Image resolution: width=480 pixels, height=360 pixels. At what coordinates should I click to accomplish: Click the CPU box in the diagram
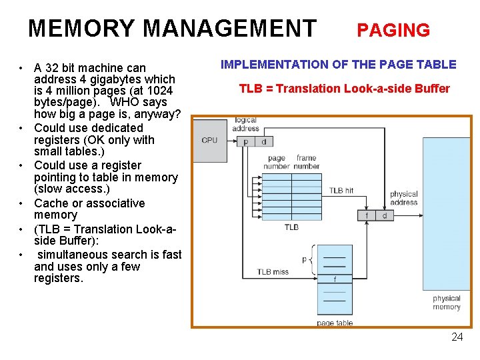209,140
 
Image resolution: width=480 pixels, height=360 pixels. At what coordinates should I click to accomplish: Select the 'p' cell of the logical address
245,141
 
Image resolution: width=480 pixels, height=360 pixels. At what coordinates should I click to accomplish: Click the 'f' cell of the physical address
367,215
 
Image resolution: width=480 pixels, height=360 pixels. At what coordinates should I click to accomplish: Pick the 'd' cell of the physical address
385,215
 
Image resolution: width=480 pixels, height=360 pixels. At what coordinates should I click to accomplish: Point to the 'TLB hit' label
341,191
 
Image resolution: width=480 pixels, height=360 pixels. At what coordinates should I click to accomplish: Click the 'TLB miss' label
273,272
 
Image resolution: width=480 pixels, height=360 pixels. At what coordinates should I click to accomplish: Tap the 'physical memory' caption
446,303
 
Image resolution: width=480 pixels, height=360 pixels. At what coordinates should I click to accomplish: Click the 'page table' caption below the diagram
335,323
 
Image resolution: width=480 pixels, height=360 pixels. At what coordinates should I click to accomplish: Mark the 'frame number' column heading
307,162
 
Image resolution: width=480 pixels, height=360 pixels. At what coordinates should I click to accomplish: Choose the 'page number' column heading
277,162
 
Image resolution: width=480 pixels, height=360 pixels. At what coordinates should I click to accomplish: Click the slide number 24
457,337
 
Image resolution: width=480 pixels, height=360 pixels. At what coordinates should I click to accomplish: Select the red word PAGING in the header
393,30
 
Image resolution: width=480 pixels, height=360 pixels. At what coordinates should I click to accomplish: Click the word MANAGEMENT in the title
229,29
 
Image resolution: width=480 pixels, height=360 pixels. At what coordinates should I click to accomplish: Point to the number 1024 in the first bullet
159,91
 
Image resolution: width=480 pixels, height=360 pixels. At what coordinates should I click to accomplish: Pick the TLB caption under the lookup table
291,227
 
